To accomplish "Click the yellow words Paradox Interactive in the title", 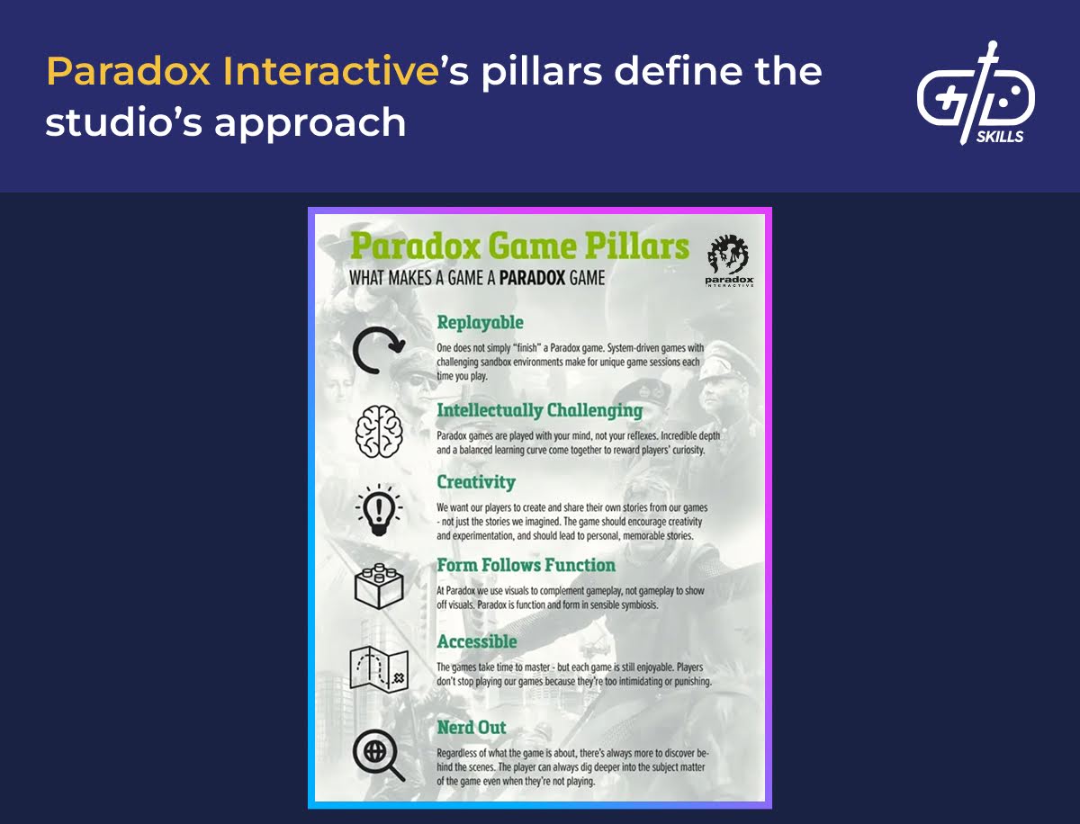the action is pyautogui.click(x=243, y=72).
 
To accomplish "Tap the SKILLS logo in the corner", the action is pyautogui.click(x=976, y=94).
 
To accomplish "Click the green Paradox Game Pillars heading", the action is pyautogui.click(x=519, y=246).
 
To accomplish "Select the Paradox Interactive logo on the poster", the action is pyautogui.click(x=729, y=261).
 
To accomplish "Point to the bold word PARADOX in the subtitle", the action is pyautogui.click(x=532, y=278).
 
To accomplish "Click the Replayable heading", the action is pyautogui.click(x=481, y=323).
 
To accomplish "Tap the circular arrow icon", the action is pyautogui.click(x=379, y=350).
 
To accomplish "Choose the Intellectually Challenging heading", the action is pyautogui.click(x=540, y=410).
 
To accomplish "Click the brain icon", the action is pyautogui.click(x=379, y=432).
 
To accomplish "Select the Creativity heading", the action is pyautogui.click(x=476, y=482).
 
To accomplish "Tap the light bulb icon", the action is pyautogui.click(x=379, y=510).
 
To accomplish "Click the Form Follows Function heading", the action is pyautogui.click(x=526, y=566).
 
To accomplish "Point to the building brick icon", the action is pyautogui.click(x=379, y=587).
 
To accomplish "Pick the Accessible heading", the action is pyautogui.click(x=477, y=641).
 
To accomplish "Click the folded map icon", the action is pyautogui.click(x=379, y=669).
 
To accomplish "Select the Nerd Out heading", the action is pyautogui.click(x=472, y=728).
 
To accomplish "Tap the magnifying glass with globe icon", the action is pyautogui.click(x=379, y=756).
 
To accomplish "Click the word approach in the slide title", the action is pyautogui.click(x=310, y=124).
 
